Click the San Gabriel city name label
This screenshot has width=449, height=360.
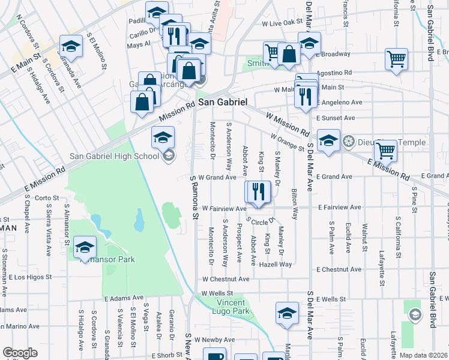223,103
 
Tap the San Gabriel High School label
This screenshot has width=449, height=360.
114,156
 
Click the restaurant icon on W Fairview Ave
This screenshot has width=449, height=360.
259,191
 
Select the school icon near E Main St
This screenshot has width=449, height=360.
71,47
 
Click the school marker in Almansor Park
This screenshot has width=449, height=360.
85,247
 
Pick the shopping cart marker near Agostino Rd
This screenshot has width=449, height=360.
396,59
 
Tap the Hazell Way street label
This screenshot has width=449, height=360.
276,264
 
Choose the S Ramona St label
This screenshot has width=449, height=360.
194,198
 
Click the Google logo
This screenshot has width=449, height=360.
20,353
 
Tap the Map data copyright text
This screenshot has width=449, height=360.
423,355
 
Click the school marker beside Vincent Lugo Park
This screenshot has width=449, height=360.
287,313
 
